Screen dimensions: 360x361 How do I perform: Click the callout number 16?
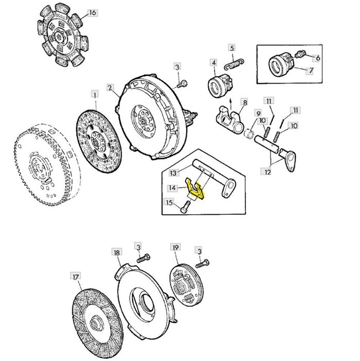[x=93, y=13]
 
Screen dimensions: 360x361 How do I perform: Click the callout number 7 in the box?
[x=310, y=71]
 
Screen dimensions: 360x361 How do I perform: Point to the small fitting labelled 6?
[x=300, y=55]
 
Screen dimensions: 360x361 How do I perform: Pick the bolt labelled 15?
[x=186, y=207]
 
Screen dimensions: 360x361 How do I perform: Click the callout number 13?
[x=173, y=173]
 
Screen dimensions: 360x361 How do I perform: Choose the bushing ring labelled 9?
[x=249, y=133]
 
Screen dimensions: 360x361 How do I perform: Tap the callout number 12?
[x=267, y=171]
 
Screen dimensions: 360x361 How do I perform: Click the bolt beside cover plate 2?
[x=182, y=83]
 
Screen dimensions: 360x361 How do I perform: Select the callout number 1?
[x=95, y=94]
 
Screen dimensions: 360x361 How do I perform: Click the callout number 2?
[x=110, y=88]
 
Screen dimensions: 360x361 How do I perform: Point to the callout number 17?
[x=76, y=277]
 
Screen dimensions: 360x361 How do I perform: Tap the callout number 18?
[x=117, y=252]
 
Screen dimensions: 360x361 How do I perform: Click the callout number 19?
[x=175, y=248]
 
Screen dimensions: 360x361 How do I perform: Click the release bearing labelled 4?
[x=220, y=85]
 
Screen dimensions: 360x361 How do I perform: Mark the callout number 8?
[x=245, y=102]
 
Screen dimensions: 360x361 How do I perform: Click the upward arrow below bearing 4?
[x=231, y=104]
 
